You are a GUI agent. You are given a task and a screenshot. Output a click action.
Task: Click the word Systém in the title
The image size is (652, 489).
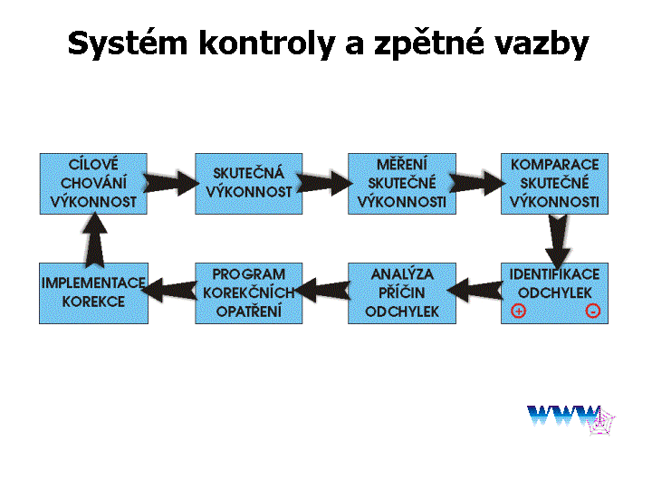128,43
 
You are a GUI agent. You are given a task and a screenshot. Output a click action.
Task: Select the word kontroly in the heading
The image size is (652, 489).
267,43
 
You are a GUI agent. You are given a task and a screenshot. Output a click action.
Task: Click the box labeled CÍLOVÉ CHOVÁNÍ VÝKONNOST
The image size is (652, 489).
93,184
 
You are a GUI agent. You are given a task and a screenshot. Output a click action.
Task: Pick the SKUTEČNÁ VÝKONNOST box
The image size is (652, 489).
249,184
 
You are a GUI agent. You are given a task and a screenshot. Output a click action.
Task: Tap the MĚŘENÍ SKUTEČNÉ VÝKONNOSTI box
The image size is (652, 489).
402,184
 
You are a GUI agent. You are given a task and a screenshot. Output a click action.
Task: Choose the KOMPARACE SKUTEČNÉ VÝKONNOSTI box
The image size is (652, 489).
554,184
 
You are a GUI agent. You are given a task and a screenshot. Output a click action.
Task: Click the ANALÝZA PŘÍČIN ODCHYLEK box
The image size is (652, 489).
402,293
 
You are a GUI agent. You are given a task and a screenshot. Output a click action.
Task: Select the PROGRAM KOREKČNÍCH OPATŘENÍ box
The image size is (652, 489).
249,293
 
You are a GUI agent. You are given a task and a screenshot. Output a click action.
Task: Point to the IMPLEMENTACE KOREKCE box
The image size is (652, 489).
93,293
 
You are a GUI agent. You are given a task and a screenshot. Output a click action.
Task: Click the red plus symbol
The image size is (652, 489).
519,311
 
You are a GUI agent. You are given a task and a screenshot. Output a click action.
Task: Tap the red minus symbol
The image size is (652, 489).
592,311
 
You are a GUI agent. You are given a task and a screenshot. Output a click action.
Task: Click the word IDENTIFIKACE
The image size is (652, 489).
554,274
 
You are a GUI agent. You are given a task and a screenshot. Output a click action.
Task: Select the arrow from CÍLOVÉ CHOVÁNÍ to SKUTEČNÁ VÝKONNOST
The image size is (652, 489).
171,183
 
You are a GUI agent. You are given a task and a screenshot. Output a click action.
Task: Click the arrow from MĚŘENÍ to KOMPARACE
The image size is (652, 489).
477,183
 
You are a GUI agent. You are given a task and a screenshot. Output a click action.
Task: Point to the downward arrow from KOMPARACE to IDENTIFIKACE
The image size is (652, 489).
558,241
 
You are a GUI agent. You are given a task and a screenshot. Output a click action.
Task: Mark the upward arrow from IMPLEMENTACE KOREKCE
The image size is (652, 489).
95,239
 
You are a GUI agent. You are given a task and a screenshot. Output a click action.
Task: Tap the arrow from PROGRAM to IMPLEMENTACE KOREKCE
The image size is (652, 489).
168,290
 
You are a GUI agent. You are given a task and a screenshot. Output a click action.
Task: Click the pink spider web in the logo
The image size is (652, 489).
601,422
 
